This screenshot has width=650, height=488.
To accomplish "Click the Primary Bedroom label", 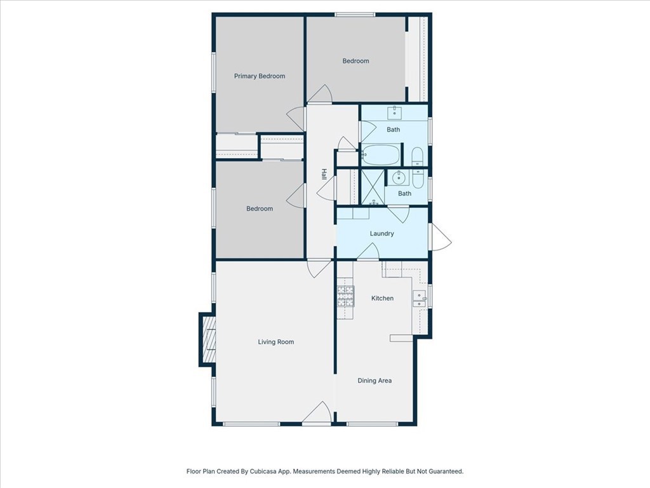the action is pos(260,76).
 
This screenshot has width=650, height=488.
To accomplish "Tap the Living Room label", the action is pos(275,342).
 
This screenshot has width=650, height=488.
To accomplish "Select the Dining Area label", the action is pos(375,381).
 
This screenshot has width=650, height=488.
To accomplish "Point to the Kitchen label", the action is pos(382,299).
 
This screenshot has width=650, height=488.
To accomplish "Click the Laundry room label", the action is pos(381,234).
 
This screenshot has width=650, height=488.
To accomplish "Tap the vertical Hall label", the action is pos(324,174).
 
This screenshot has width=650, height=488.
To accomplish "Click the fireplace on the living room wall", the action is pos(208,339).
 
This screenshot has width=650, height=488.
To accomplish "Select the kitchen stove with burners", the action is pos(346,296).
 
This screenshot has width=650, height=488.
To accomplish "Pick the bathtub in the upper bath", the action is pos(381,155).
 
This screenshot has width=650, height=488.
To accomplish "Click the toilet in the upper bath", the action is pos(418,156).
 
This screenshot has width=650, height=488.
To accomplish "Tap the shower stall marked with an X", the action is pos(373,187).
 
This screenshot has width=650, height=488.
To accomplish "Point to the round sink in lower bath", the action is pos(399,178).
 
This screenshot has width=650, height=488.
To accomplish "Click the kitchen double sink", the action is pos(419,299).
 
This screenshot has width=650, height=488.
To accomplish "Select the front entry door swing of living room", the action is pos(317,413).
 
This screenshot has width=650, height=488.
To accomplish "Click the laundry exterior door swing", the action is pos(441,237).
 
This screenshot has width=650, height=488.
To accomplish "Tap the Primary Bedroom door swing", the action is pos(296,119).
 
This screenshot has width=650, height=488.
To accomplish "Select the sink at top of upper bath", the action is pos(394,112).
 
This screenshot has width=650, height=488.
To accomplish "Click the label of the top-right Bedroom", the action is pos(355,61).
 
